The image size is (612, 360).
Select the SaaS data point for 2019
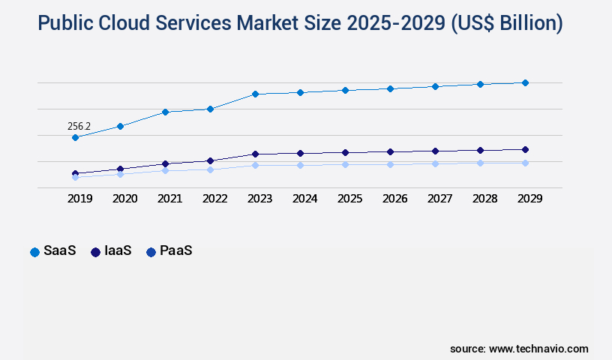[75, 138]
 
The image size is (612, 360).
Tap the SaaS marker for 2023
[255, 94]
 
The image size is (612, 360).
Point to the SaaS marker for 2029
[525, 82]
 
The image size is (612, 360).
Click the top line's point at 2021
[165, 112]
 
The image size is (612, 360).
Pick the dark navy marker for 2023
[255, 154]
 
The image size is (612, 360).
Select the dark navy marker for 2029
[525, 149]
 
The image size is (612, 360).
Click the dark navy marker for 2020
[120, 169]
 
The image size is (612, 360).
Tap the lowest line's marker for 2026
[390, 164]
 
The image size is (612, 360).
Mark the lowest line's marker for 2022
[210, 169]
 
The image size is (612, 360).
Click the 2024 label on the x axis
[304, 199]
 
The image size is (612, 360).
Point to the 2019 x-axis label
[79, 199]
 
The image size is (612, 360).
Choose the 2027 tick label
[439, 199]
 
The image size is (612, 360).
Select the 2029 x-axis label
[529, 199]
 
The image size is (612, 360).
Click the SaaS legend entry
[52, 251]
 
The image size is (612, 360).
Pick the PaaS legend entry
[169, 251]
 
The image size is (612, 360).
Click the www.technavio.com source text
[538, 349]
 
